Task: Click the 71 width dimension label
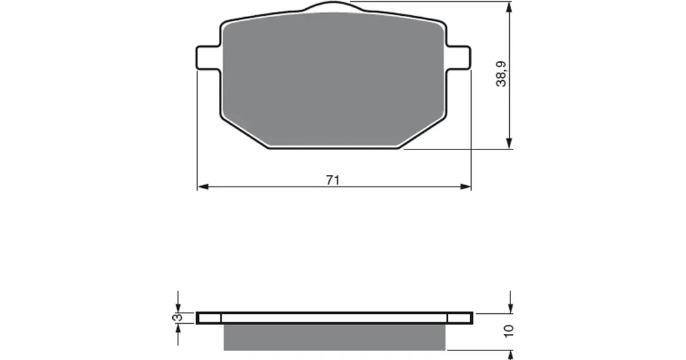tap(333, 180)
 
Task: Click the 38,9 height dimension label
tap(501, 74)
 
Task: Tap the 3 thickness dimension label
tap(177, 317)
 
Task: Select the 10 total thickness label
tap(508, 331)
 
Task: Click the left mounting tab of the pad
tap(208, 58)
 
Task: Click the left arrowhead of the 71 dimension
tap(202, 187)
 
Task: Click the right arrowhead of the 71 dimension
tap(466, 187)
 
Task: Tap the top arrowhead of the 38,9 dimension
tap(509, 8)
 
